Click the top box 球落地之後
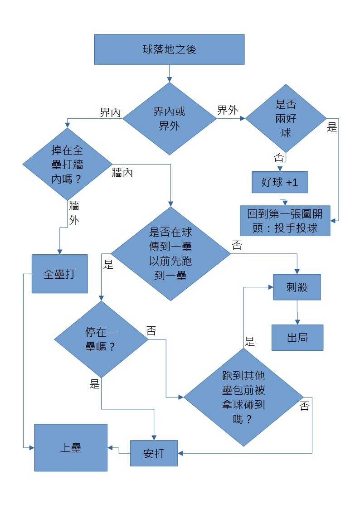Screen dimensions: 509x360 point(169,49)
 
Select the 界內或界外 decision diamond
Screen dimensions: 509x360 point(170,118)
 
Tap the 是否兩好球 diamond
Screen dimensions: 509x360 point(286,118)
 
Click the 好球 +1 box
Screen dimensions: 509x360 point(279,182)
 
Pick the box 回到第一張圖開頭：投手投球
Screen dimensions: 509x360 point(285,221)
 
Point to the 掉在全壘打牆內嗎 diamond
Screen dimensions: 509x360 point(67,164)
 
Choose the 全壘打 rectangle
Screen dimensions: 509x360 point(59,274)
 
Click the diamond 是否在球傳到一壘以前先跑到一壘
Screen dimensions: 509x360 point(170,253)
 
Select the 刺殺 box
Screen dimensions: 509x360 point(297,287)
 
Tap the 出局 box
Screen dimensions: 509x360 point(297,338)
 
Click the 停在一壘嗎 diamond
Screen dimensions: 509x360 point(101,339)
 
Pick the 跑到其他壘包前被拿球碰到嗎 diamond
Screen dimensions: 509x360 point(243,398)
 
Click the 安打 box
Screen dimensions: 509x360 point(154,453)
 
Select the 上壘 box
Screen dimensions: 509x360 point(71,447)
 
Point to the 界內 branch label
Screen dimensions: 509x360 point(110,112)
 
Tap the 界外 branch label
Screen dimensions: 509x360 point(228,110)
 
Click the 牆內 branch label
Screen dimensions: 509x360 point(122,173)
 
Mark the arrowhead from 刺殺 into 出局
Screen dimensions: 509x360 point(297,322)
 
